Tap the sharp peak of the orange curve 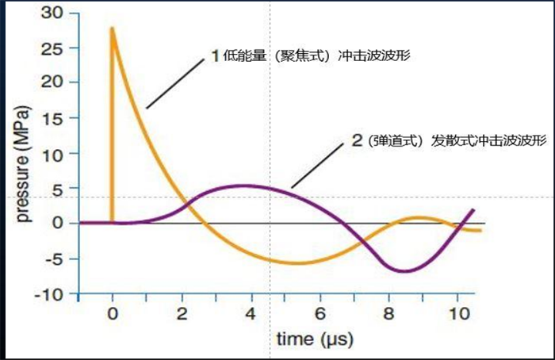(x=113, y=29)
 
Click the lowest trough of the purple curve (x=405, y=271)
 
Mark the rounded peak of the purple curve (x=240, y=186)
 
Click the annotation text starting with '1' (x=310, y=57)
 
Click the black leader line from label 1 (x=176, y=83)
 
